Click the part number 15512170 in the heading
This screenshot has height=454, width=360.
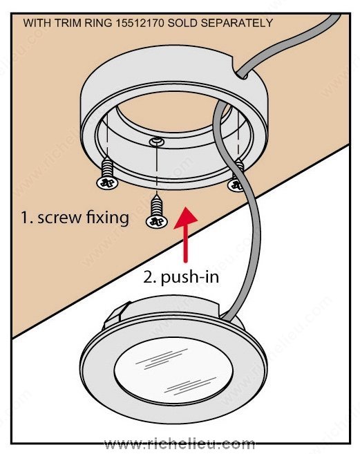(x=140, y=23)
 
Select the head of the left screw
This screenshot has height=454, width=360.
(x=107, y=182)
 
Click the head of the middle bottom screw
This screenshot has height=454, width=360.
(x=157, y=222)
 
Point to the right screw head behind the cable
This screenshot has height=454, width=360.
(x=235, y=185)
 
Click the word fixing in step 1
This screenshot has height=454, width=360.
(x=108, y=217)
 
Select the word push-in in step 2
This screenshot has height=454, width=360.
(x=190, y=277)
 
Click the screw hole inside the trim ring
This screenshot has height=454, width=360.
(x=157, y=142)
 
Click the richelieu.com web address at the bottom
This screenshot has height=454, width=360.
(x=180, y=443)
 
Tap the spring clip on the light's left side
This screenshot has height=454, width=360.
(x=116, y=316)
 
